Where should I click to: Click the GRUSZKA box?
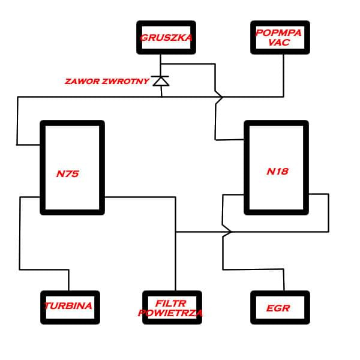166,37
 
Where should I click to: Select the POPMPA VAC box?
280,37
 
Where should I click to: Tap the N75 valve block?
72,167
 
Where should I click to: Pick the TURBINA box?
70,307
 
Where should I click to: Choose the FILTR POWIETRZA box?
172,307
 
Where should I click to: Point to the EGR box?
280,307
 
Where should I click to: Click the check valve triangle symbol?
161,81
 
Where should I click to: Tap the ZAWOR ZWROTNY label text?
107,81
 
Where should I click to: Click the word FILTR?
172,303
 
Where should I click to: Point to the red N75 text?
68,175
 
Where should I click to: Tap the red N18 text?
278,172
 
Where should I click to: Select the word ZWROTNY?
125,81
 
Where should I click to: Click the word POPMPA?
280,34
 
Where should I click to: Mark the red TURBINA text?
70,306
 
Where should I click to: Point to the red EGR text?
278,308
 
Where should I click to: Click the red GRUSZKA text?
166,38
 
